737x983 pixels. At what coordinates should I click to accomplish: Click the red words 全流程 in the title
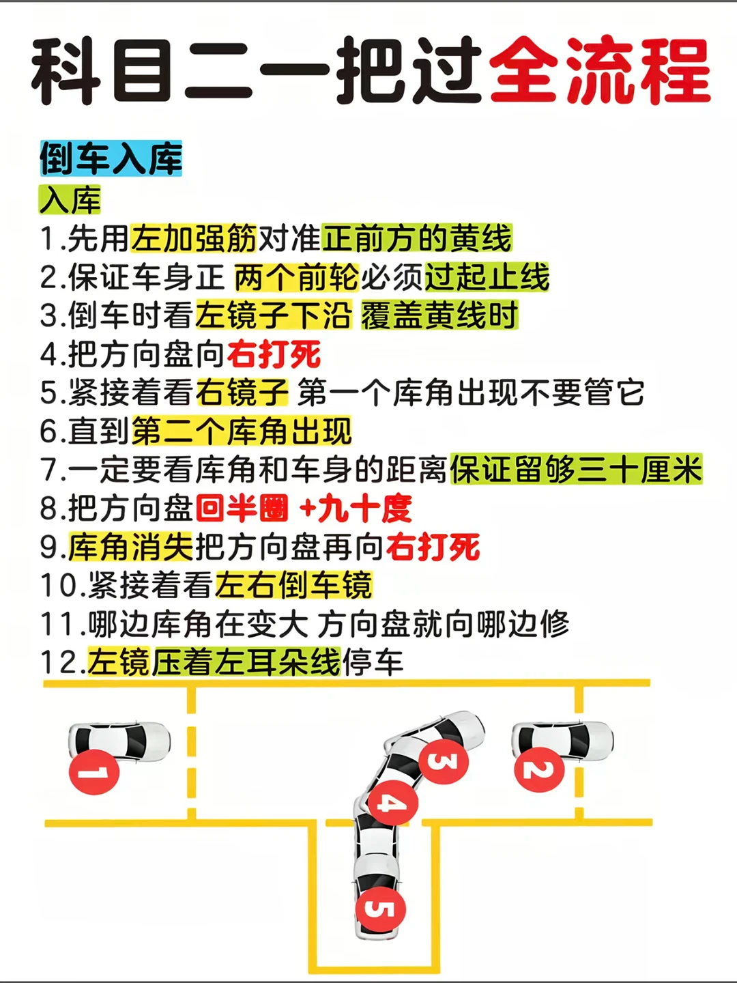tap(599, 70)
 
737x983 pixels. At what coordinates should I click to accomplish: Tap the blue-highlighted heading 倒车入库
tap(111, 159)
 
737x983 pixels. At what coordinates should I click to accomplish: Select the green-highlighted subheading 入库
tap(70, 200)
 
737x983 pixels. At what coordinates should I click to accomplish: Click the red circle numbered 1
tap(94, 772)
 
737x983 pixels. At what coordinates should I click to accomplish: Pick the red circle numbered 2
tap(538, 769)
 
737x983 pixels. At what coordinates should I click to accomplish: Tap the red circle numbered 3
tap(444, 760)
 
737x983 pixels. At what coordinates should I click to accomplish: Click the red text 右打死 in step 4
tap(274, 354)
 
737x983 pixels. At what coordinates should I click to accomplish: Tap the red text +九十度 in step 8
tap(356, 509)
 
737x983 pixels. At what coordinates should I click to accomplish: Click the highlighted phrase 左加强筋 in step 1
tap(194, 238)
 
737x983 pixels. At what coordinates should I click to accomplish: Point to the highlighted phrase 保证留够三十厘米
tap(576, 470)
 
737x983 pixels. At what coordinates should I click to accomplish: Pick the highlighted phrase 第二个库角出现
tap(242, 431)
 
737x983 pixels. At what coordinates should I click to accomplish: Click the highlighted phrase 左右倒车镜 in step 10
tap(294, 586)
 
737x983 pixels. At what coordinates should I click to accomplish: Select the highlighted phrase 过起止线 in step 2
tap(487, 277)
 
